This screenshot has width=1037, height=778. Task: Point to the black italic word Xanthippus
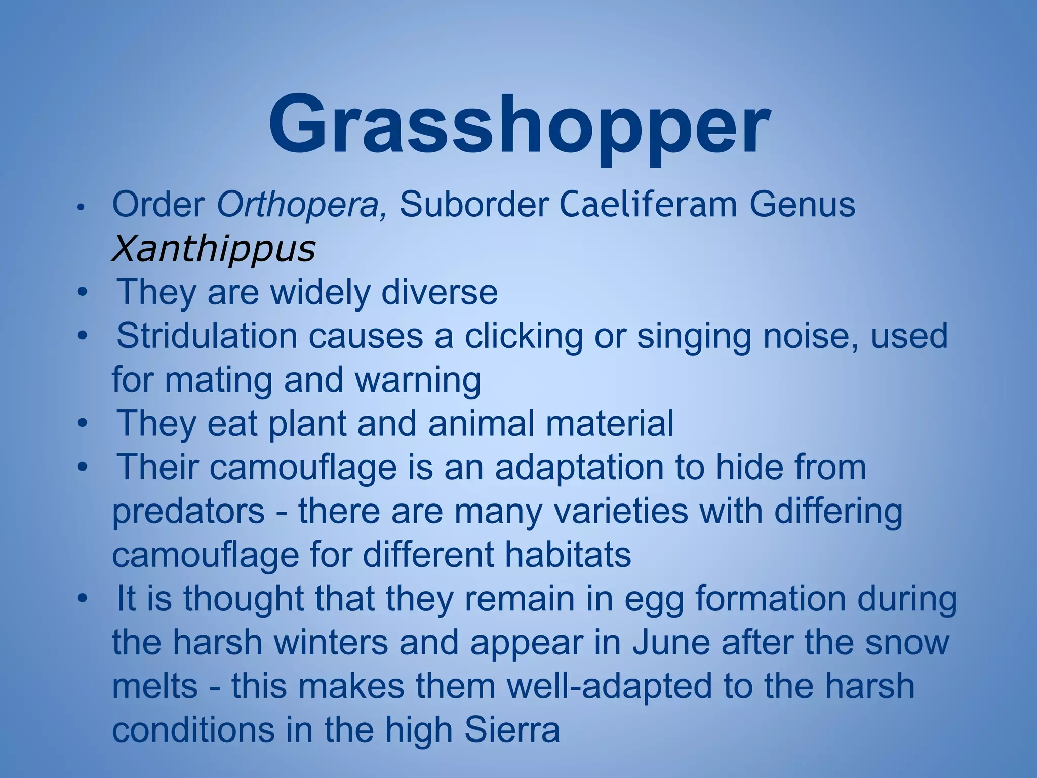(213, 249)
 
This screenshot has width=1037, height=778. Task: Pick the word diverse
(439, 292)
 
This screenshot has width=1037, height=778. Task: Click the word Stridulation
(207, 336)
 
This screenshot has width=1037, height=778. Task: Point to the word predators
(188, 511)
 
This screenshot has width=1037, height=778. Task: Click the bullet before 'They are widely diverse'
(83, 293)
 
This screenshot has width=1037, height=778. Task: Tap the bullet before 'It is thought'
(83, 599)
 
